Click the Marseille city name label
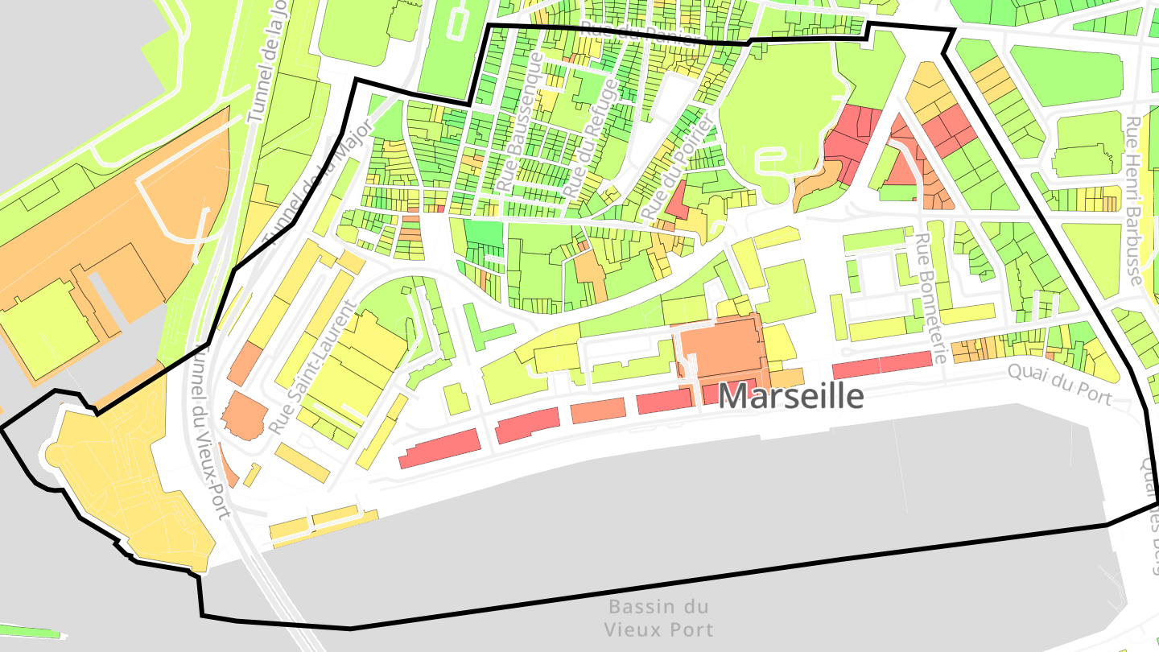coord(791,396)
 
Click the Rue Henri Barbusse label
coord(1133,201)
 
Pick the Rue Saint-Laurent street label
coord(314,366)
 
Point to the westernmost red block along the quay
coord(439,448)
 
